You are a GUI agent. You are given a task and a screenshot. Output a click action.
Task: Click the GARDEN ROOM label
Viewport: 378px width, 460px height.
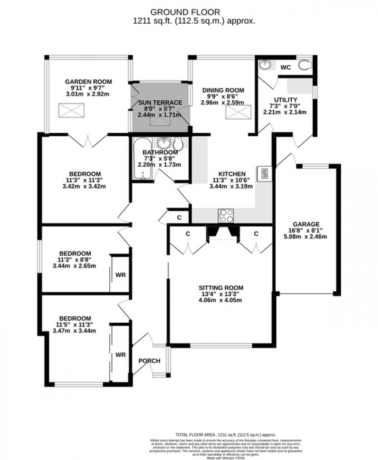click(88, 82)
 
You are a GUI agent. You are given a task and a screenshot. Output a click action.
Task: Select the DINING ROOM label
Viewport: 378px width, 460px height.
click(223, 90)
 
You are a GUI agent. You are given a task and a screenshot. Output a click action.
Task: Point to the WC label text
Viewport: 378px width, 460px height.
click(285, 67)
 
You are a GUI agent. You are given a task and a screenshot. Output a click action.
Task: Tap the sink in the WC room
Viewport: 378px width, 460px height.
click(265, 66)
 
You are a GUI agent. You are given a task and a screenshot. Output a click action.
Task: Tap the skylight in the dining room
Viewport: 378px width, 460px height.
click(238, 112)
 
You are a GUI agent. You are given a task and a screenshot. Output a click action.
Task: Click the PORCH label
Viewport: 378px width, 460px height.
click(149, 361)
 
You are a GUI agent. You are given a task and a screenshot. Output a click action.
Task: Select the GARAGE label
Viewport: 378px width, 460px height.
click(306, 224)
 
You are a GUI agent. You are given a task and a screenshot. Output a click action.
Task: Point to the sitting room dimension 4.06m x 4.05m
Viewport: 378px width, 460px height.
click(220, 300)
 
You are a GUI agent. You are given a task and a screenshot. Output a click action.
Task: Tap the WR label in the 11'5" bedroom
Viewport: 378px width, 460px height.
click(120, 355)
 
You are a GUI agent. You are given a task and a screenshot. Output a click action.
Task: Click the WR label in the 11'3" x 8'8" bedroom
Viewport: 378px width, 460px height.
click(120, 275)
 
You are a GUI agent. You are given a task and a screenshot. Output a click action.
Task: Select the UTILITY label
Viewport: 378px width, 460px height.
click(285, 100)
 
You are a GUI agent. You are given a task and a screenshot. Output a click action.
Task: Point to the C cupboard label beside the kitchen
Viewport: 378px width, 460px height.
click(179, 218)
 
